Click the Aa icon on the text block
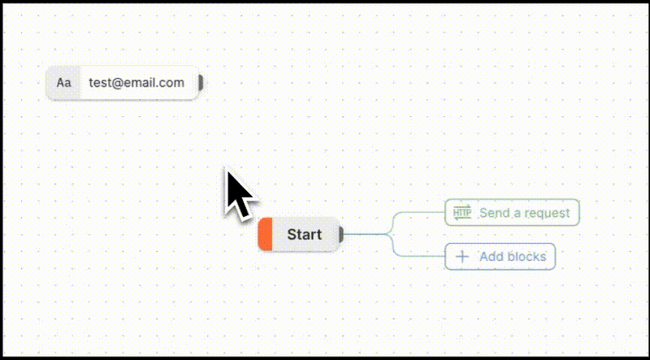[x=63, y=83]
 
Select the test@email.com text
[x=136, y=83]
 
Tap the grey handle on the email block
[x=201, y=82]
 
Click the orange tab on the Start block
[x=265, y=235]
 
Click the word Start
[x=304, y=235]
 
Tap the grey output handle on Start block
[x=341, y=235]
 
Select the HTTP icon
[x=461, y=213]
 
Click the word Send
[x=494, y=213]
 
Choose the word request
[x=548, y=213]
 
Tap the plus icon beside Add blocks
[x=462, y=257]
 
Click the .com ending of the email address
[x=171, y=83]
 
